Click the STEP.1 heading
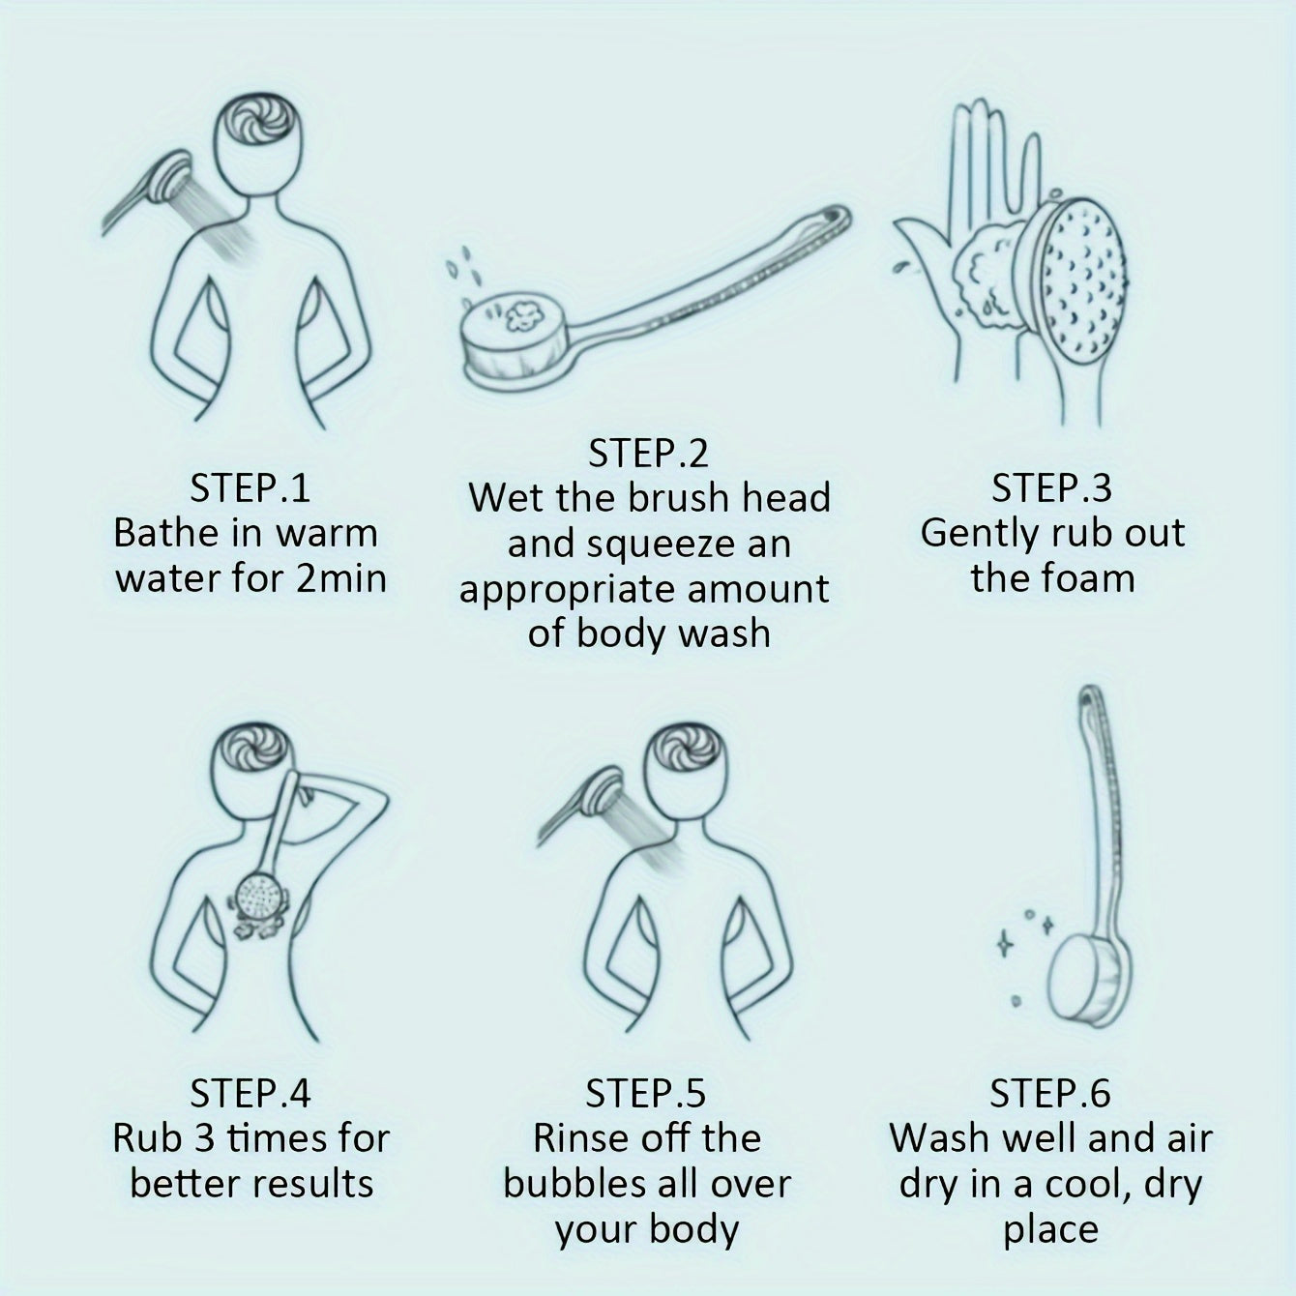tap(250, 487)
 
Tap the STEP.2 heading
tap(648, 453)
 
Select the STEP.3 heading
tap(1051, 487)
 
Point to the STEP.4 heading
tap(250, 1093)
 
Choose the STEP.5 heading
tap(646, 1093)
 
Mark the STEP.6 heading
tap(1049, 1093)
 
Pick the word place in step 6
tap(1050, 1229)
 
